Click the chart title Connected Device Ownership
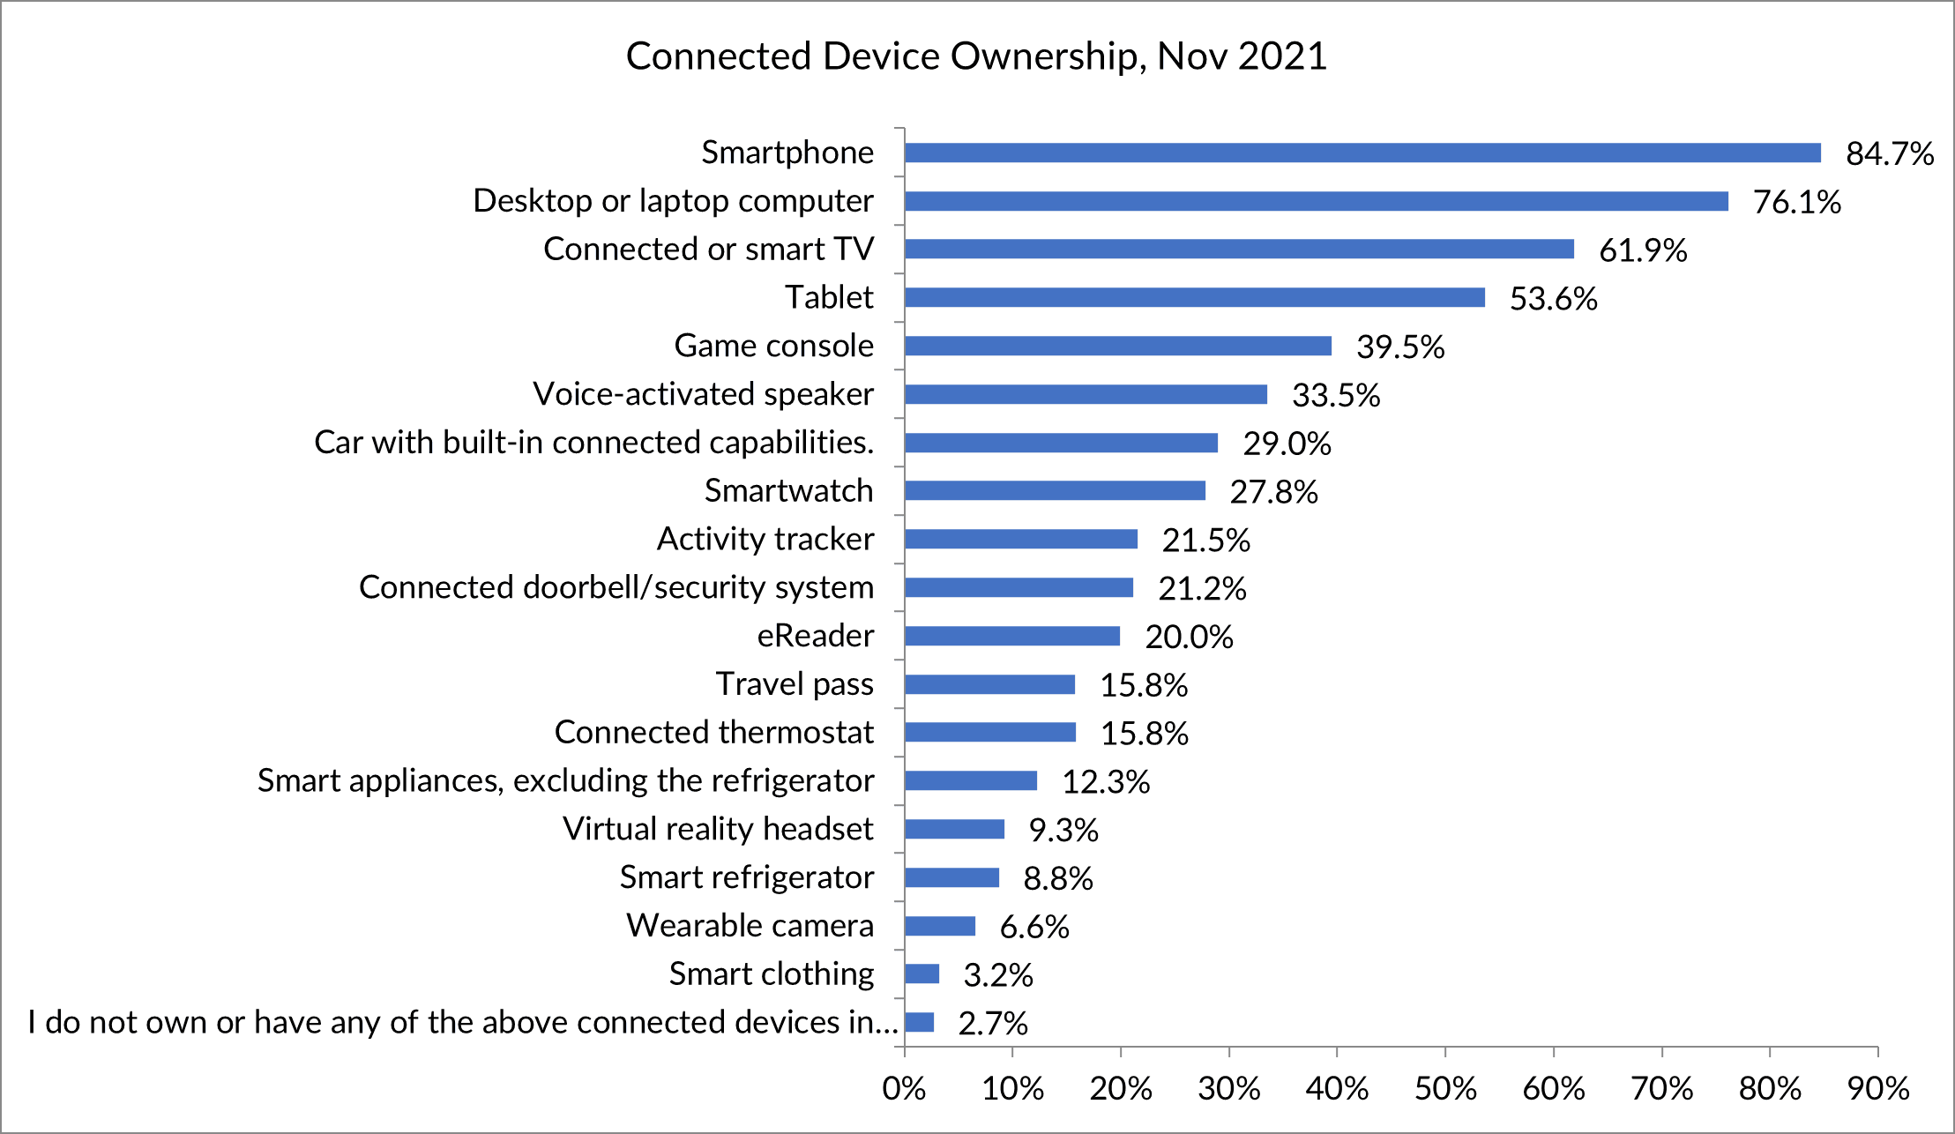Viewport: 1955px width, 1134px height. tap(976, 56)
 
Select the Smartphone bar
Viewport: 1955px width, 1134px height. tap(1362, 153)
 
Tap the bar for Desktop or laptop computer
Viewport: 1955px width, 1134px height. tap(1316, 201)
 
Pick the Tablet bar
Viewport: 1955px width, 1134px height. tap(1194, 297)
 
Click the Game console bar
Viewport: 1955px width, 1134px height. tap(1117, 346)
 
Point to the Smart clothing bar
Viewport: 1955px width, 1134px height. tap(922, 974)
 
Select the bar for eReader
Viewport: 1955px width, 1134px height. tap(1012, 636)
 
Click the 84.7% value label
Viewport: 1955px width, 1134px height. tap(1890, 154)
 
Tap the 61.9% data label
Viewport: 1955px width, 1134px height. tap(1643, 250)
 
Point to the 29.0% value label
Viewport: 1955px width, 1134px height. tap(1287, 444)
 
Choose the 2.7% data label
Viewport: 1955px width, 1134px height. tap(993, 1024)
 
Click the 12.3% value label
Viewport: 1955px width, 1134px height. tap(1106, 782)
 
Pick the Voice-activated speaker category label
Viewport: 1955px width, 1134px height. tap(703, 394)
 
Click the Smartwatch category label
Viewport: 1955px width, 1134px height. tap(788, 490)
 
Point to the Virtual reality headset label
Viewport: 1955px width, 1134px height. tap(718, 829)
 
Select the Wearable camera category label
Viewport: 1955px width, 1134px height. tap(750, 925)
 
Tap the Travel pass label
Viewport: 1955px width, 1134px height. tap(794, 684)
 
